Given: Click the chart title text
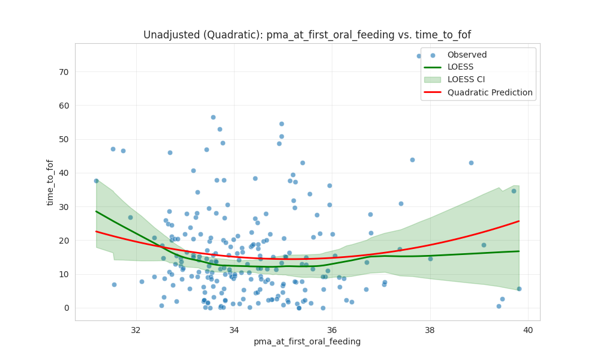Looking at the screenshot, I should [x=307, y=35].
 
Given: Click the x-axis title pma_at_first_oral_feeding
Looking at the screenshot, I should [x=307, y=341].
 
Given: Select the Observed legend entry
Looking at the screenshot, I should [x=467, y=55].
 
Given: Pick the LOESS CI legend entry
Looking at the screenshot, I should [x=468, y=80].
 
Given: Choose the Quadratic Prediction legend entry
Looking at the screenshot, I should [x=490, y=92].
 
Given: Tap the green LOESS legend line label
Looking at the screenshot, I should [x=460, y=67].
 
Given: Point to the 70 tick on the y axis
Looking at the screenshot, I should [x=63, y=71].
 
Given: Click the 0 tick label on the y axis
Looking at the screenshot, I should [x=66, y=308].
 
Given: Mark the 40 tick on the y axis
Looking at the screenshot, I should [x=63, y=173].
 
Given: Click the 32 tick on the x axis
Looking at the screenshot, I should [x=136, y=329].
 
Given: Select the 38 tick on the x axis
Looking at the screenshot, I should [x=430, y=329].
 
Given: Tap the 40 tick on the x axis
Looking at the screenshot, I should [x=527, y=329].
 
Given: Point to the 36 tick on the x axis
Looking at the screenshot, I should [x=332, y=329].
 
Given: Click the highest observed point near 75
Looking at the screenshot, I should [x=419, y=56].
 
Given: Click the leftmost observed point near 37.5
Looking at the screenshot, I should [x=96, y=181].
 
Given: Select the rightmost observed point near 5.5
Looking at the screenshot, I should [x=519, y=289].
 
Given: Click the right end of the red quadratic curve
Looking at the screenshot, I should [x=519, y=221].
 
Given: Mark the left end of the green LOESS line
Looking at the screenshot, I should [x=96, y=211].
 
